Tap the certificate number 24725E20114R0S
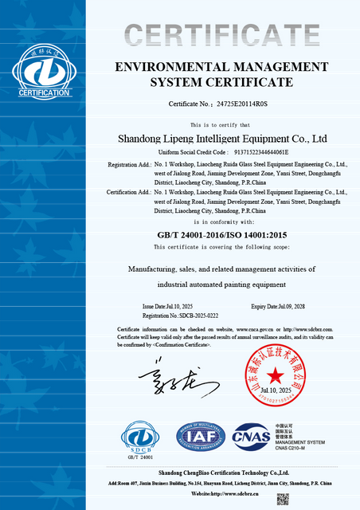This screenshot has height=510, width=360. tap(245, 104)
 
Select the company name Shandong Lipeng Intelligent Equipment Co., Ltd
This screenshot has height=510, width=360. tap(222, 138)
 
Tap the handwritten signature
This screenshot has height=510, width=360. tap(167, 379)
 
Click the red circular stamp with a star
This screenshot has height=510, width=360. tap(275, 375)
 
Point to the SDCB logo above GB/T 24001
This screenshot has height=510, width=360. tap(141, 437)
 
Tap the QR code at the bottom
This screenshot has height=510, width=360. tap(282, 500)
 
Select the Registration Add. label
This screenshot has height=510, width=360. tap(127, 164)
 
